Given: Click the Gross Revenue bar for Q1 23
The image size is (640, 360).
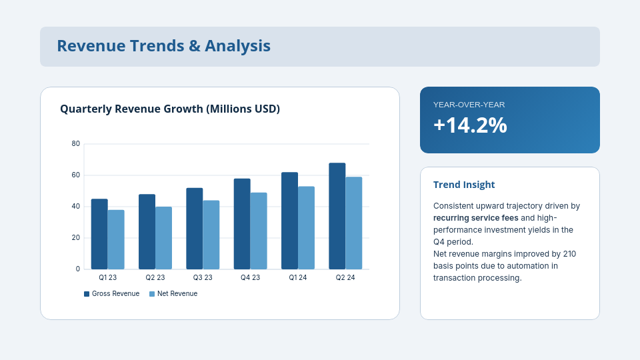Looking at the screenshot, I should coord(99,234).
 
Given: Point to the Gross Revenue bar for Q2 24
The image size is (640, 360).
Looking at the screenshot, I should coord(337,216).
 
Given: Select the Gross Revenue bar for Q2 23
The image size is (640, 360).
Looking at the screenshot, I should coord(147,231).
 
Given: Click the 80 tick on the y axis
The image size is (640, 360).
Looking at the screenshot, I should coord(76,144).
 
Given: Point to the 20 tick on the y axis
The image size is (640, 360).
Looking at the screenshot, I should coord(76,238).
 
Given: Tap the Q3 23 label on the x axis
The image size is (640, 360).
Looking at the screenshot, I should coord(203,277).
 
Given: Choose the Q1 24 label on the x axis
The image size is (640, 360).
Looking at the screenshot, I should coord(298,277).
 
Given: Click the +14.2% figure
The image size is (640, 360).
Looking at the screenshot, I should coord(470,125).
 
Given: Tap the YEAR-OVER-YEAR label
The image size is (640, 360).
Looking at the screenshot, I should coord(469,105).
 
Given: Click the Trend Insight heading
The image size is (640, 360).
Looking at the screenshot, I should coord(464,185).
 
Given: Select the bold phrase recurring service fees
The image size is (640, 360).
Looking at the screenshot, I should coord(475,218).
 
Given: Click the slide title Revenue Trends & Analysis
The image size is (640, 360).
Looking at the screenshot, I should coord(163,46).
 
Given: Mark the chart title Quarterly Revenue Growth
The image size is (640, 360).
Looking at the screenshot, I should coord(170,109).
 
